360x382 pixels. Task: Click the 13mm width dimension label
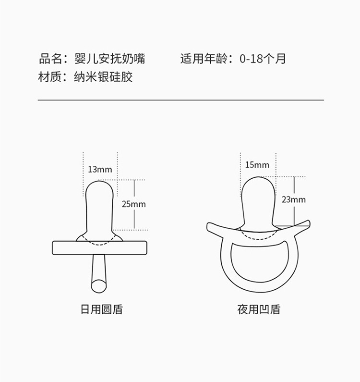[x=100, y=169]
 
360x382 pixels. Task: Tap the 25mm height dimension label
[x=133, y=204]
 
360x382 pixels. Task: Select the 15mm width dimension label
[x=257, y=165]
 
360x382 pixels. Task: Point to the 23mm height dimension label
[x=294, y=200]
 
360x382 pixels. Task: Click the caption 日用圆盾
[x=101, y=309]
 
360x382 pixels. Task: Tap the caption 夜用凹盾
[x=259, y=309]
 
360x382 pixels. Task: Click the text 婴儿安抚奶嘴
[x=109, y=59]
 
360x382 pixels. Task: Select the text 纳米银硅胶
[x=103, y=77]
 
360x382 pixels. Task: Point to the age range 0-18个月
[x=263, y=59]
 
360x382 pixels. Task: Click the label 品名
[x=50, y=59]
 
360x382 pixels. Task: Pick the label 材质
[x=50, y=77]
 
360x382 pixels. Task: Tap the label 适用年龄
[x=204, y=59]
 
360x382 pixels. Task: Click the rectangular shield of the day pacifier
[x=99, y=248]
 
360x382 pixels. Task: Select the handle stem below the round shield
[x=99, y=273]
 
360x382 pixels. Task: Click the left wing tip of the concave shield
[x=208, y=227]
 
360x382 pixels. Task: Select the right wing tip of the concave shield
[x=309, y=223]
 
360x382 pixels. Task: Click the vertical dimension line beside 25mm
[x=134, y=205]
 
